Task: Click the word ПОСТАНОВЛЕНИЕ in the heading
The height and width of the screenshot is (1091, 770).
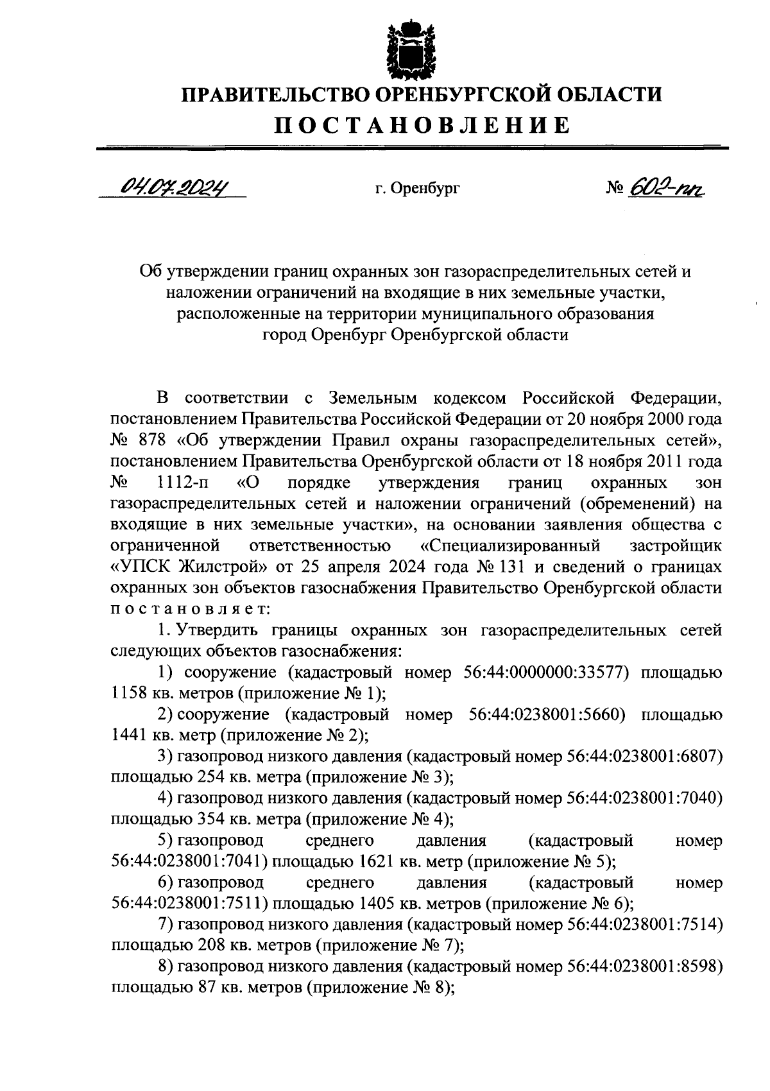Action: click(423, 125)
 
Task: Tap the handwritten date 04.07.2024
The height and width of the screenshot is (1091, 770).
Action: click(173, 187)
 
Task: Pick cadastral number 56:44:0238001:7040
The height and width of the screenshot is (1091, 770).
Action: click(644, 798)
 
